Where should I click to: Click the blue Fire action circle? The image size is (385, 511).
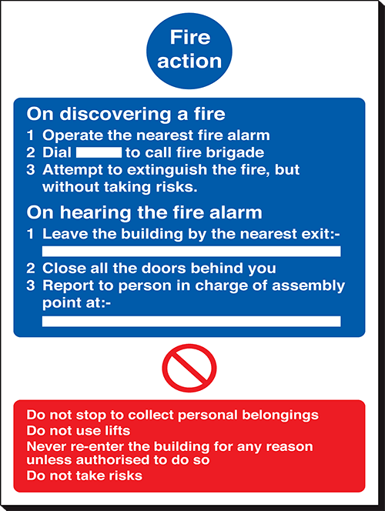pos(189,51)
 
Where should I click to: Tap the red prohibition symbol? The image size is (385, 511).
pos(189,369)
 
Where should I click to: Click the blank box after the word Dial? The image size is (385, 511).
pos(99,152)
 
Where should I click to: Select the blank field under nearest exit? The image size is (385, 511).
pos(192,251)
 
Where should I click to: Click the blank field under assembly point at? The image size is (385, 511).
pos(192,321)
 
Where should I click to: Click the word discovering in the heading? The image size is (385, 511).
pos(115,114)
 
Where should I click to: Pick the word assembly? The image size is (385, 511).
pos(308,286)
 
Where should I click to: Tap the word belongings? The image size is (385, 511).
pos(280,416)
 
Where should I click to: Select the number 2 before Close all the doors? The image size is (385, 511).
pos(31,269)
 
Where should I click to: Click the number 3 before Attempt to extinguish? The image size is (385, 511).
pos(31,170)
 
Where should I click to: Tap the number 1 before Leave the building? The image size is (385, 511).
pos(30,234)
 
